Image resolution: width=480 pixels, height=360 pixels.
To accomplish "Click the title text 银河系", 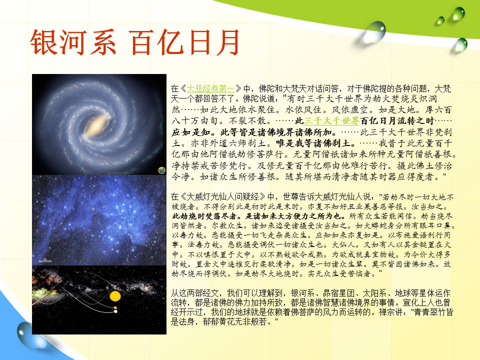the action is (73, 42).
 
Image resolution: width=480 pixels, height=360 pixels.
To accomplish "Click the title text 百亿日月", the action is (185, 42).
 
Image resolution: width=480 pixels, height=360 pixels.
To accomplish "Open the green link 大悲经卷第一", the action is (210, 89).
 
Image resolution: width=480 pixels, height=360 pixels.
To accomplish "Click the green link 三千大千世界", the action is (331, 121).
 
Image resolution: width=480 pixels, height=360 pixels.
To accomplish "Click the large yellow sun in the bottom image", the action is (115, 296).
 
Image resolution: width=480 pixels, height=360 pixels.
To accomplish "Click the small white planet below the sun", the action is (115, 311).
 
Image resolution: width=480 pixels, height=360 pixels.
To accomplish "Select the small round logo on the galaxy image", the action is (161, 170).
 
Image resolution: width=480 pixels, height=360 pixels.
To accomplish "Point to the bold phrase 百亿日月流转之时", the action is (397, 121).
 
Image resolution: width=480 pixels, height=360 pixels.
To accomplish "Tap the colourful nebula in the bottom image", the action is (46, 289).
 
